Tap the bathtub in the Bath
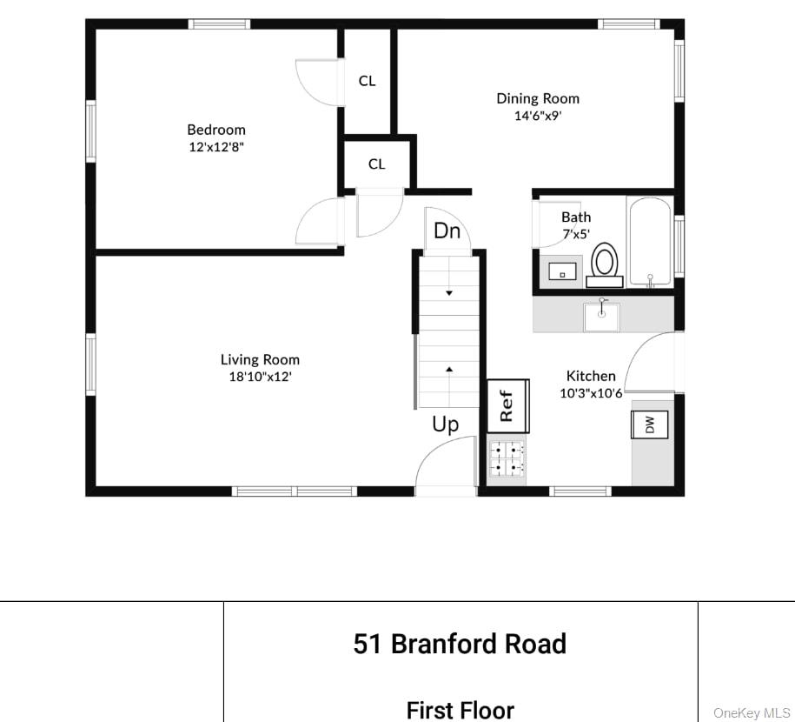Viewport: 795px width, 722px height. click(x=649, y=241)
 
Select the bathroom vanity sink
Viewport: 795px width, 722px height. click(x=563, y=272)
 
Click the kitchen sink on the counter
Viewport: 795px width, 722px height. click(x=601, y=316)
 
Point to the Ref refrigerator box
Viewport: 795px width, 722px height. click(x=507, y=405)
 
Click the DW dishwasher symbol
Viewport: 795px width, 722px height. click(x=649, y=425)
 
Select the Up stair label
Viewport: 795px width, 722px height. click(x=446, y=425)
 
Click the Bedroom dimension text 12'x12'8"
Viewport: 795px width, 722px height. click(x=216, y=147)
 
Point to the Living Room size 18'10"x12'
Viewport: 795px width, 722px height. click(x=260, y=377)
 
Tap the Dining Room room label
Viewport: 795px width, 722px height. click(x=538, y=98)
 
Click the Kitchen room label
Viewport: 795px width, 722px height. click(x=591, y=376)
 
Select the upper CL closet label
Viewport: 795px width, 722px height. click(x=368, y=81)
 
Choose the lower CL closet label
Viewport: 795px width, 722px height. click(x=376, y=164)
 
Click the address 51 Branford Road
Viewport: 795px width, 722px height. click(x=460, y=644)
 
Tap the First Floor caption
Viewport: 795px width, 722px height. click(x=460, y=710)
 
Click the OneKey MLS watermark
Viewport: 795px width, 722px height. click(x=752, y=713)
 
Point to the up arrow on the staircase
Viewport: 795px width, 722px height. click(x=449, y=370)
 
